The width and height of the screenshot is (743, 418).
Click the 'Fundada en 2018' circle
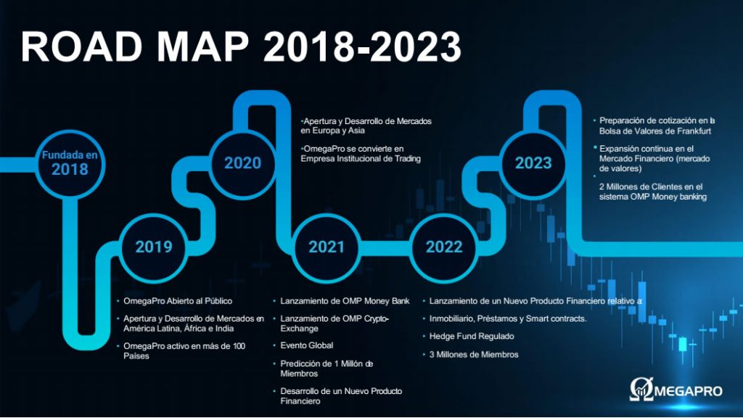pos(70,164)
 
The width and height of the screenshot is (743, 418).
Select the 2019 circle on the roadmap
pos(154,247)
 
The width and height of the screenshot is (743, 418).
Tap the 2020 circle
pos(242,164)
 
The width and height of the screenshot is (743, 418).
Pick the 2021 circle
pos(326,247)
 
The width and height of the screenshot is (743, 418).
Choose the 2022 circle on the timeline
pos(444,247)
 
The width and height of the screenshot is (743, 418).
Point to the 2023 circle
pos(533,164)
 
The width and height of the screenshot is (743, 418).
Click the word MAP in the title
pos(203,46)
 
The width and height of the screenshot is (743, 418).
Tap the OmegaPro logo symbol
pos(641,390)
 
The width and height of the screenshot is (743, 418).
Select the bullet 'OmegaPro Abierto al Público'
pos(178,301)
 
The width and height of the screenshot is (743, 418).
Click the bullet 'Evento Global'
pos(307,345)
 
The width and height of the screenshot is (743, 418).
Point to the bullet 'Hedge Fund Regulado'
pos(472,336)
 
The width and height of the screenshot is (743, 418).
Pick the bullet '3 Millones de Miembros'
pos(474,354)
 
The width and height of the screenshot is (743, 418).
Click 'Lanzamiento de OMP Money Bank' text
pos(345,301)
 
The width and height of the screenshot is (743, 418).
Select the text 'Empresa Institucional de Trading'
pos(361,158)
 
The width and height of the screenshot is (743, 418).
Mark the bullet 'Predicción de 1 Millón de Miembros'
pos(327,368)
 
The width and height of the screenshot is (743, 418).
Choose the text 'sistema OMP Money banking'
pos(653,197)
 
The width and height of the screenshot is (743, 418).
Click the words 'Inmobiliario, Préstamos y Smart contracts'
pos(507,319)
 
